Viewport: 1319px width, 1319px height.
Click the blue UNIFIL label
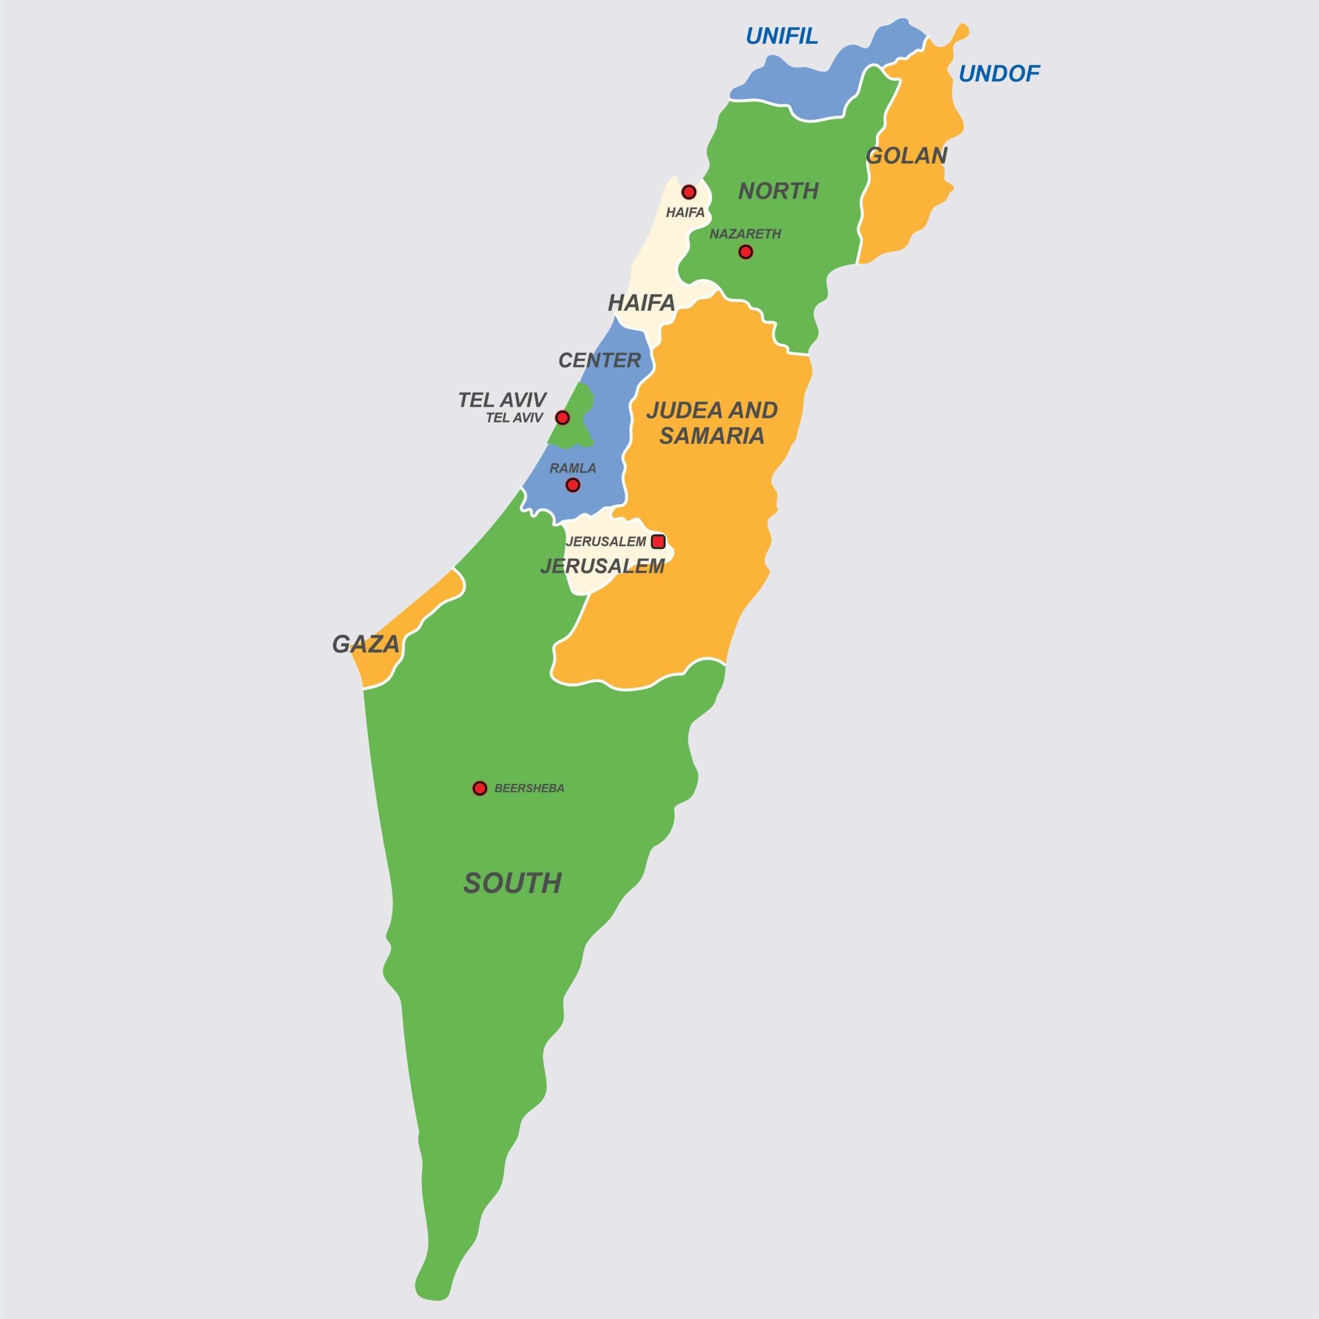tap(781, 36)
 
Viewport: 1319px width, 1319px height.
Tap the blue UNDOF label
tap(999, 73)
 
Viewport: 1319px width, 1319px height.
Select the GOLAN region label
tap(906, 156)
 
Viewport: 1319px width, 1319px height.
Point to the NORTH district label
tap(779, 191)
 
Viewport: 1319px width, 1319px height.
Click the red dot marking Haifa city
tap(689, 192)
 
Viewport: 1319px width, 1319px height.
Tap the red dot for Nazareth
tap(746, 252)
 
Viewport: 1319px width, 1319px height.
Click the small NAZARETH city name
tap(745, 233)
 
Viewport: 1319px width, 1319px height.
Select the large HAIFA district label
tap(641, 302)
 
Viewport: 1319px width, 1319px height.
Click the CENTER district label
tap(599, 360)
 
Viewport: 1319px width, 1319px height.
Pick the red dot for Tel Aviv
tap(562, 417)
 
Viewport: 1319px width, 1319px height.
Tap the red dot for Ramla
tap(573, 485)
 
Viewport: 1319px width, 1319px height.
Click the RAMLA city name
tap(573, 468)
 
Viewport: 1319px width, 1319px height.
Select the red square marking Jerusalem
tap(658, 542)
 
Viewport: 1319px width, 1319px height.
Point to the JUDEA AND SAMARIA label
tap(712, 422)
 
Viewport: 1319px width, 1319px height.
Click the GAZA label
tap(365, 644)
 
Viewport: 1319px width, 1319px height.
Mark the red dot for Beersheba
tap(480, 788)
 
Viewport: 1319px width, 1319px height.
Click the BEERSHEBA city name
tap(529, 788)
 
